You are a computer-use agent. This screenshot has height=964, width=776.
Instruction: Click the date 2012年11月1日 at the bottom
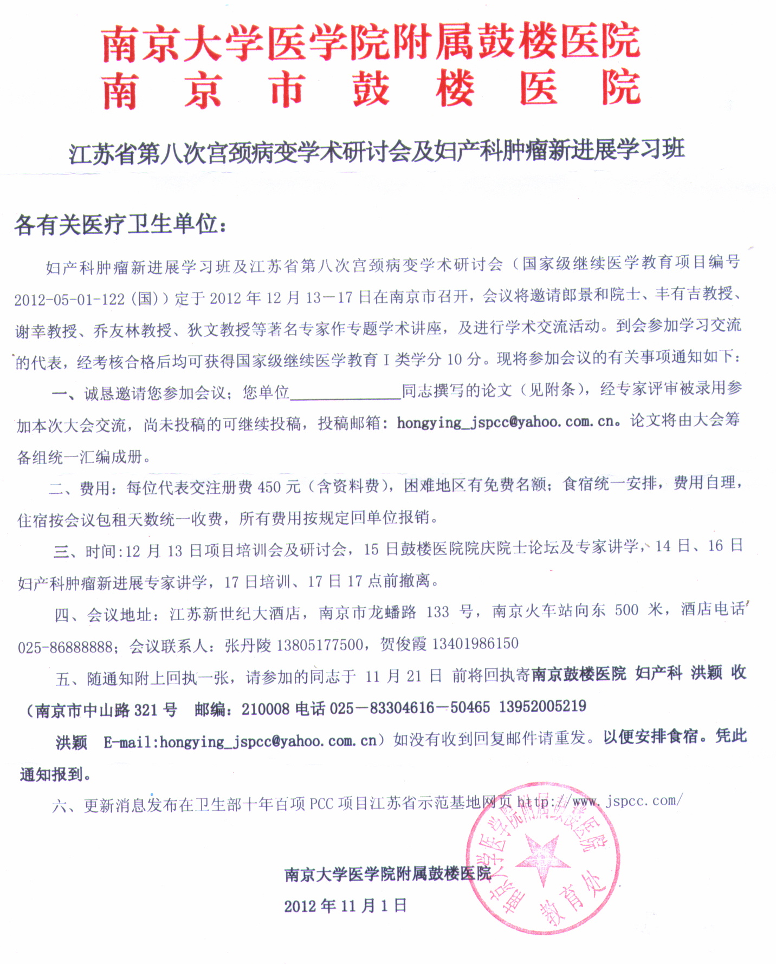[x=346, y=906]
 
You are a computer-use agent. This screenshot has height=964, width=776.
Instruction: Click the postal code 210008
[x=266, y=708]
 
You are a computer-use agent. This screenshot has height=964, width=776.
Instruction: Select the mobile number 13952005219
[x=542, y=706]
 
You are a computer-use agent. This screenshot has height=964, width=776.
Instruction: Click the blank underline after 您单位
[x=345, y=393]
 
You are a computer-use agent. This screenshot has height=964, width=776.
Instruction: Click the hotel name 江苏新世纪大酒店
[x=235, y=614]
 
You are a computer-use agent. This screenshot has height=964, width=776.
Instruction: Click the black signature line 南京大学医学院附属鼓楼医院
[x=387, y=874]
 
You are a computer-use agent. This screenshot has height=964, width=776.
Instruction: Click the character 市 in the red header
[x=287, y=89]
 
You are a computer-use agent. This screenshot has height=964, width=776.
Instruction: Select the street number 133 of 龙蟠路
[x=438, y=613]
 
